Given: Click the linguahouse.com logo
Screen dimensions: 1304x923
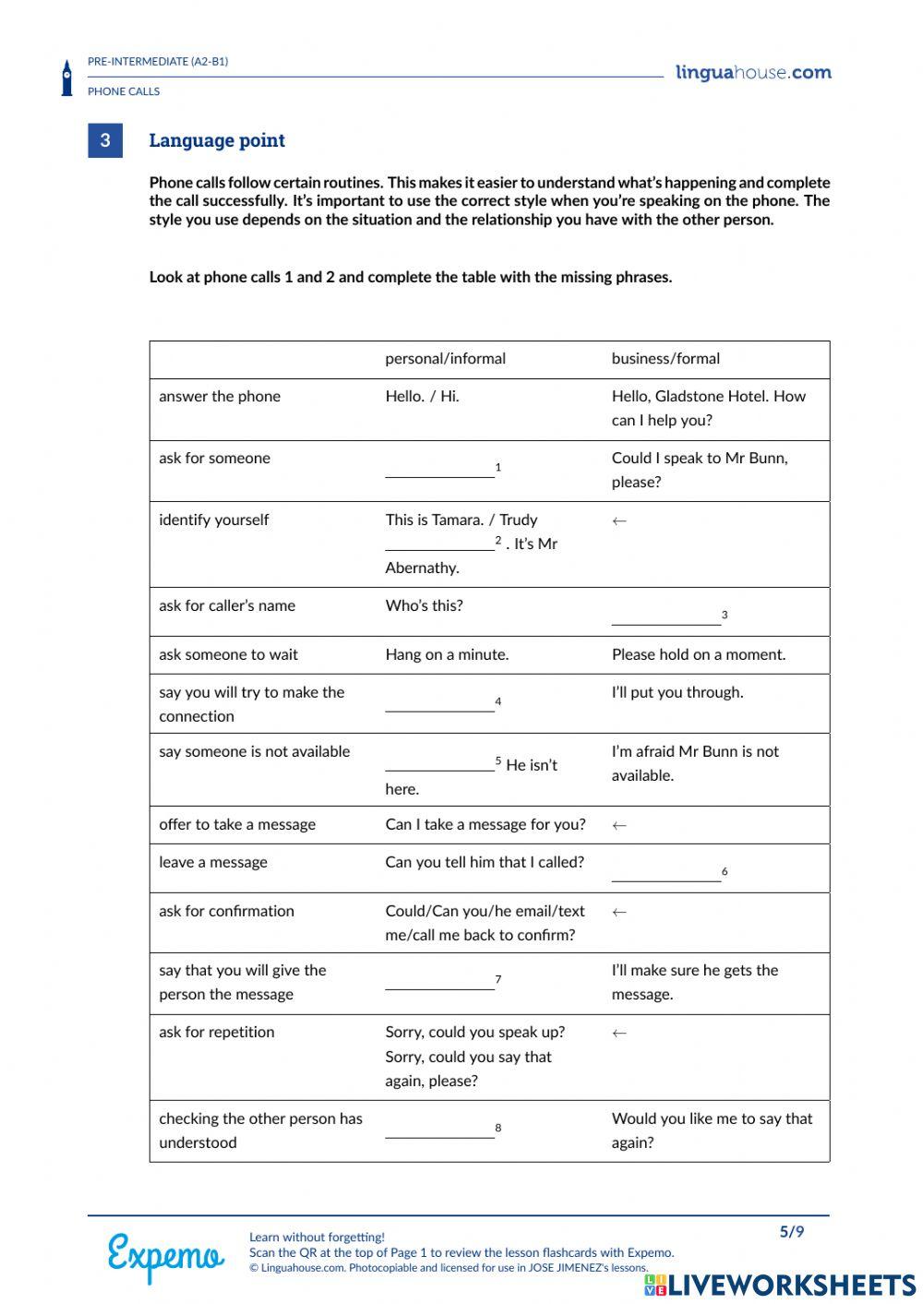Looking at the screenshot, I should [753, 73].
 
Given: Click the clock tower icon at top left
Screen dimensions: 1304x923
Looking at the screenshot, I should [66, 78].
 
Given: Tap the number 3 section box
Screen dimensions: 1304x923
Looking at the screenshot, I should [105, 140].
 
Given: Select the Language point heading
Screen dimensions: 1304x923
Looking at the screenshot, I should [217, 140].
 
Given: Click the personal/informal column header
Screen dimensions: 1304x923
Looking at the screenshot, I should [445, 359].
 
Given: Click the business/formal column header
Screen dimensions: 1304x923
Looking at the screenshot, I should [665, 359].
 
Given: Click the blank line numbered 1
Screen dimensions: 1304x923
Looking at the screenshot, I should [439, 473].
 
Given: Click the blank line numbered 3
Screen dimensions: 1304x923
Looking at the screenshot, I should [665, 620].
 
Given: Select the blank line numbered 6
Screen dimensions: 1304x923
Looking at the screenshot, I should [665, 877].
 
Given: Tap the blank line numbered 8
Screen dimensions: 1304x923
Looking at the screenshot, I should [439, 1133].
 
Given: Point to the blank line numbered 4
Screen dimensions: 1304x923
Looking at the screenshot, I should [439, 707].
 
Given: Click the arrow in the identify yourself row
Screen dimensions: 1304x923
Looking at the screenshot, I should [619, 521].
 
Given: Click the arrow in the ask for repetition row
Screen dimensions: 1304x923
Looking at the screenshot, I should [619, 1034].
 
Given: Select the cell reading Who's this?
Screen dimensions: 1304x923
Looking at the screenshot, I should [424, 606].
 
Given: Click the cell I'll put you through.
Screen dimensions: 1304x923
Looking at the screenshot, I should [677, 693].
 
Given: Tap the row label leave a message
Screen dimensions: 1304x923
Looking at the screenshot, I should [213, 863].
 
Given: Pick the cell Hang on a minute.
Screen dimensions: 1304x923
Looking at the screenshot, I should [447, 655].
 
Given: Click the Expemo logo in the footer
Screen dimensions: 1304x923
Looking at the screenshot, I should [165, 1256].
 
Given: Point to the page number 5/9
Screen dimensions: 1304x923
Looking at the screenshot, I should [792, 1232].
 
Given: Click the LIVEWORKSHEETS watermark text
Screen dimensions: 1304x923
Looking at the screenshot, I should [791, 1286].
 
